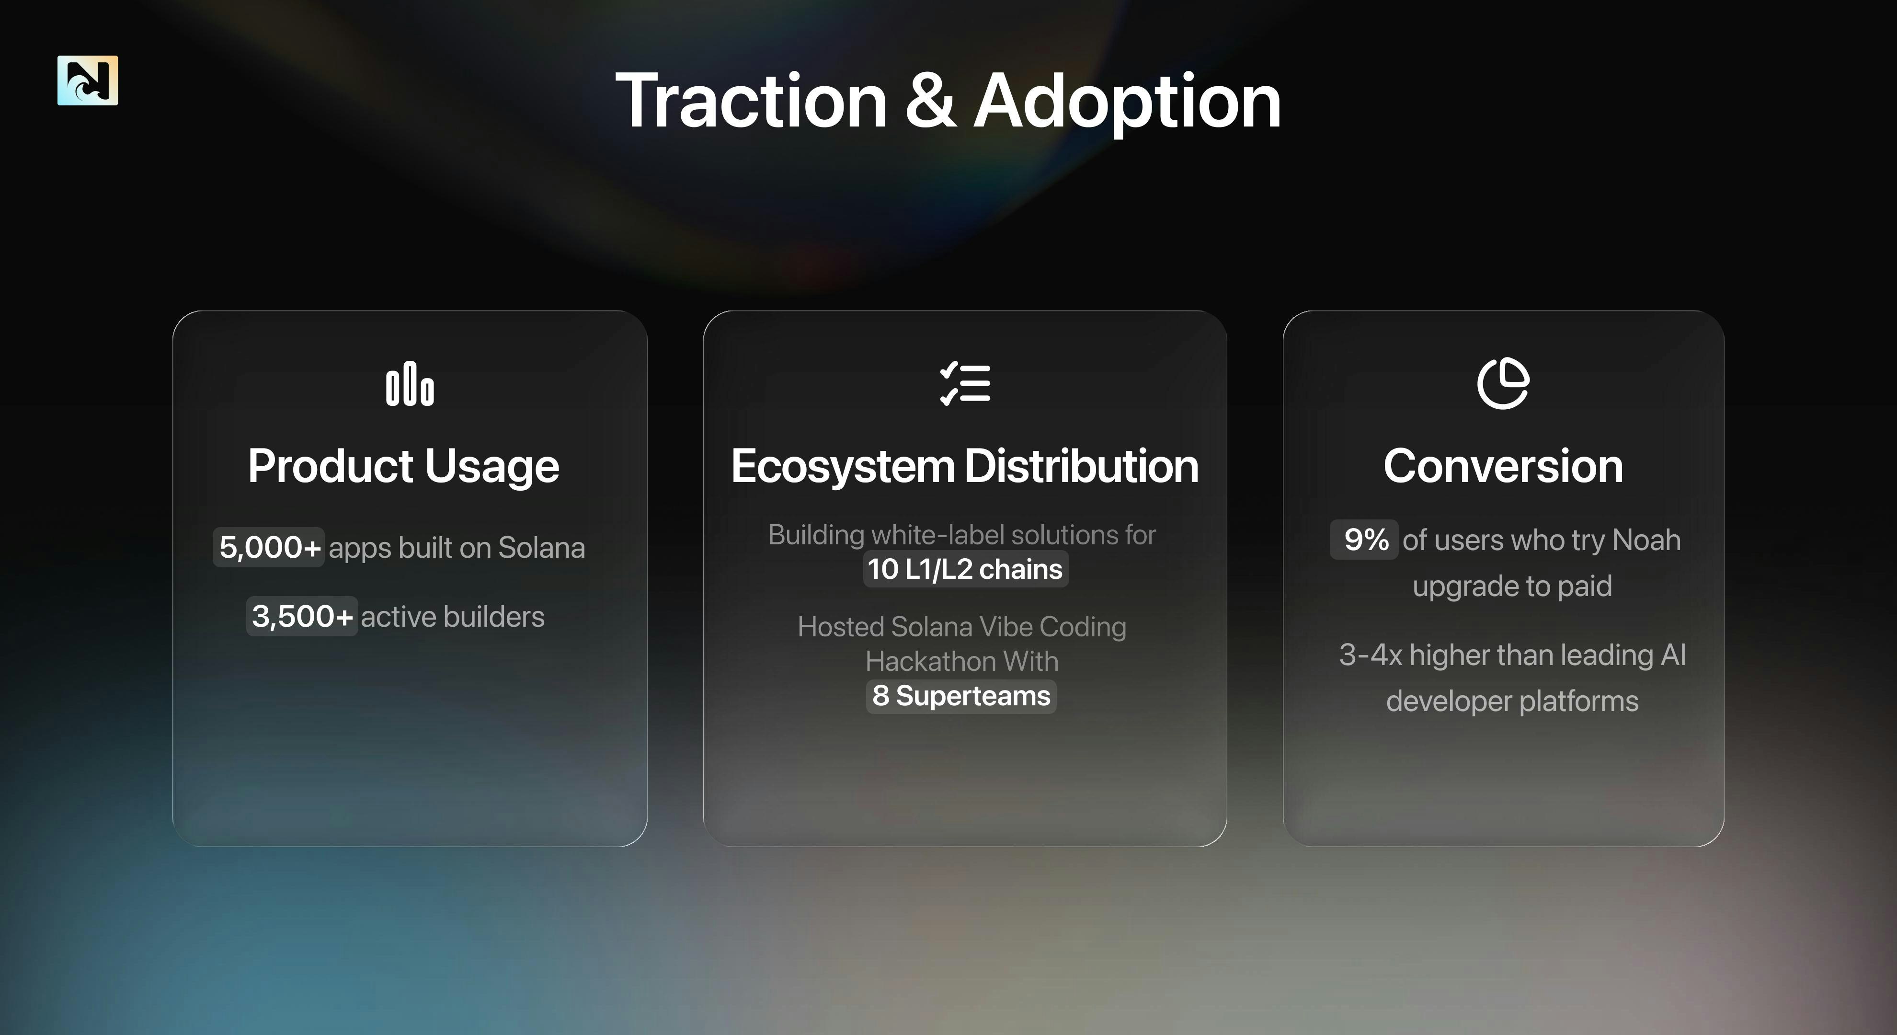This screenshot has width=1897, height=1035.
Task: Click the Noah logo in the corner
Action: pos(88,80)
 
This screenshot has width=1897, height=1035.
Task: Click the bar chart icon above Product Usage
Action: pos(410,383)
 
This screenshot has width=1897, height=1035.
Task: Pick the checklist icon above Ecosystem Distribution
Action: pos(965,383)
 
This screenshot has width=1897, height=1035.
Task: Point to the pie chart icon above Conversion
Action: pos(1503,383)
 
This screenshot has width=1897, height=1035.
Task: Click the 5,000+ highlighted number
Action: pos(270,547)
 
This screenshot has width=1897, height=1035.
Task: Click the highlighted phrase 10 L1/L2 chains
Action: pos(965,569)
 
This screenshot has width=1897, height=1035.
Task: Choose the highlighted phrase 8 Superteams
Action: pos(961,695)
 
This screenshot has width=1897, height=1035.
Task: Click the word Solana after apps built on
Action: pos(541,547)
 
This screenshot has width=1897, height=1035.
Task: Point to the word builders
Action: pos(494,617)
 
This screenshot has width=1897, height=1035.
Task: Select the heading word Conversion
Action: pos(1503,466)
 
